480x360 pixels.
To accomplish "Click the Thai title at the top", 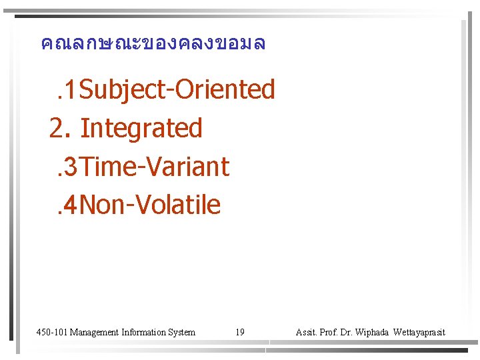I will tap(153, 44).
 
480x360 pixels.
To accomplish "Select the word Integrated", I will tap(141, 127).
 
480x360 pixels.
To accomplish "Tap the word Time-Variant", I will tap(157, 166).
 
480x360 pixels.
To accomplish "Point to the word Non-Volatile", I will tap(153, 205).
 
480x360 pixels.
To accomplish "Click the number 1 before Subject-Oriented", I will tap(70, 89).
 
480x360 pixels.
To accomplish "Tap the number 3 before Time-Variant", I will tap(70, 166).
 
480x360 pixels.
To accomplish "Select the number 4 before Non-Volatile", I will tap(70, 205).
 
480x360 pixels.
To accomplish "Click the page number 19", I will tap(240, 332).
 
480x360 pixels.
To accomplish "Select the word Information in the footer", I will tap(145, 332).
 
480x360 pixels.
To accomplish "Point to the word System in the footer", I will tap(183, 332).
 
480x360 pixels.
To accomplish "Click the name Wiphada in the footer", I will tap(375, 332).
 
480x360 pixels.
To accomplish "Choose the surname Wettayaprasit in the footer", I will tap(419, 332).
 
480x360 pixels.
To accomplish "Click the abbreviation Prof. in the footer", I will tap(331, 332).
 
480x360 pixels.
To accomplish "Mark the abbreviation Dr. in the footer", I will tap(350, 332).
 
